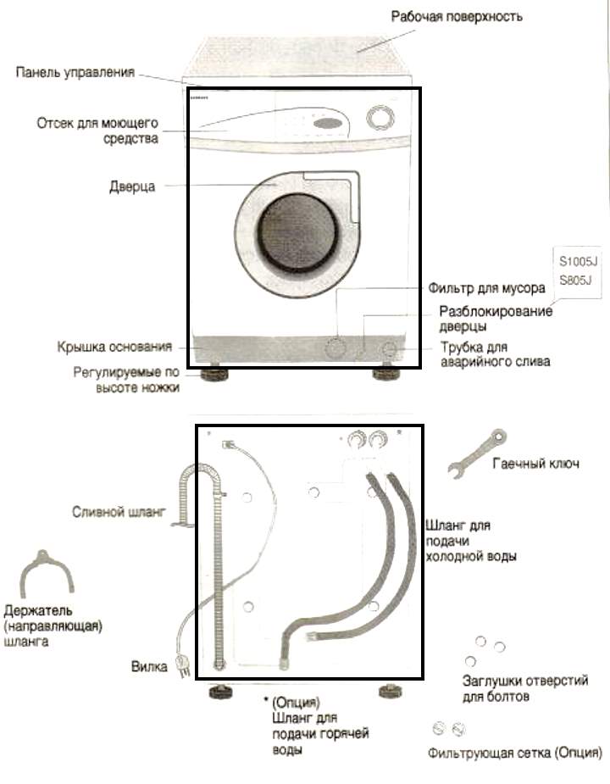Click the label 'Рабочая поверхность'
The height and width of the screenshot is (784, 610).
point(457,16)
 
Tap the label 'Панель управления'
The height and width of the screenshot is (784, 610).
point(75,72)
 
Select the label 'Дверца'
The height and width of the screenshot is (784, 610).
point(132,186)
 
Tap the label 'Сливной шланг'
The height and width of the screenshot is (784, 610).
point(118,511)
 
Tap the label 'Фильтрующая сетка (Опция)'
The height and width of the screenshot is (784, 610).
point(516,753)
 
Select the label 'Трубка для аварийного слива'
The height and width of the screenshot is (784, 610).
point(495,354)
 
